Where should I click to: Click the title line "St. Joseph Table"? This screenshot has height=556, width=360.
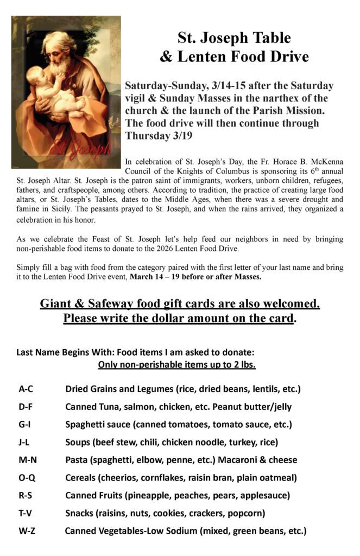(234, 38)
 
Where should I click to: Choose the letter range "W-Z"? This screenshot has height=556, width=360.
(27, 530)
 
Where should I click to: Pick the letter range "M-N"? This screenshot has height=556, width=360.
(27, 460)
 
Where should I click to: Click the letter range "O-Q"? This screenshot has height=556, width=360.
(27, 478)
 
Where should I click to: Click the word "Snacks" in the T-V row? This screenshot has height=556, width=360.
(80, 513)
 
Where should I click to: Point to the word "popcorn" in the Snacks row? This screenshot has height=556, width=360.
(245, 513)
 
